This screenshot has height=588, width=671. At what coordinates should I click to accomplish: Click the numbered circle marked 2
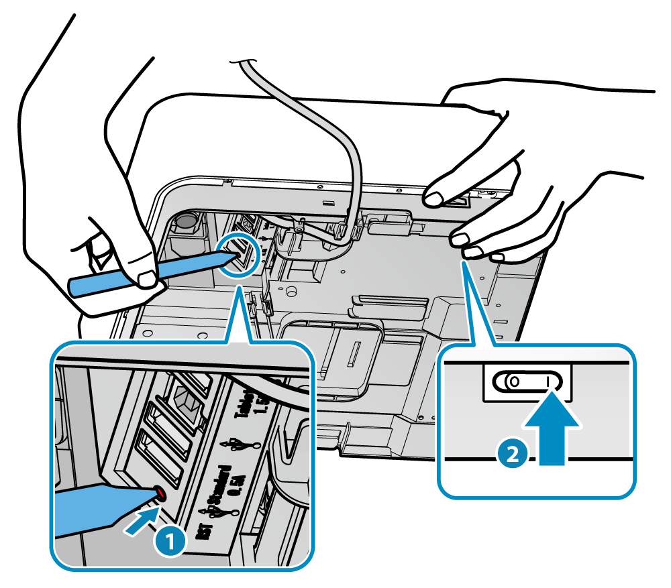point(511,454)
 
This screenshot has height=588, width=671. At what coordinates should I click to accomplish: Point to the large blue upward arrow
point(552,430)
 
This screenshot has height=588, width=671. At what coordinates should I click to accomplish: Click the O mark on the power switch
point(514,381)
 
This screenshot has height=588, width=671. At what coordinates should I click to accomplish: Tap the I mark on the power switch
point(548,381)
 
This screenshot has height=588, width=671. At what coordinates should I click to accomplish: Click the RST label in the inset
point(203,532)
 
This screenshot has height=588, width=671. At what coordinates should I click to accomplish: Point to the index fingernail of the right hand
point(433,198)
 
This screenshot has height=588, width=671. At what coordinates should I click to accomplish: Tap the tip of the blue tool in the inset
point(158,493)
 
